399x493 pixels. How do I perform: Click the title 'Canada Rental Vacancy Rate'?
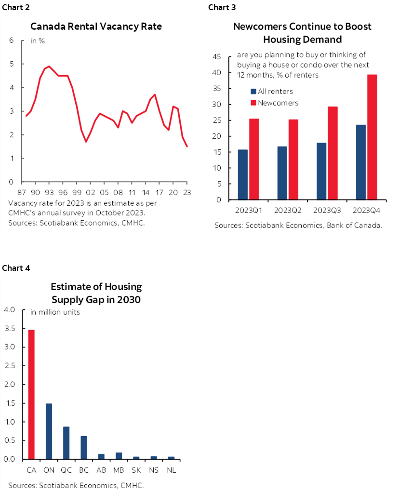click(x=96, y=27)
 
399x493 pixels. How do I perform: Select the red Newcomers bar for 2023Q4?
click(x=372, y=137)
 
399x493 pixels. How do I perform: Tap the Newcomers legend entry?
click(x=278, y=103)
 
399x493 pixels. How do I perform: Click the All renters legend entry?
click(x=275, y=91)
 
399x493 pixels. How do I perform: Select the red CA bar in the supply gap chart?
click(x=31, y=394)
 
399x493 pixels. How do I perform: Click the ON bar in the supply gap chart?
click(x=49, y=431)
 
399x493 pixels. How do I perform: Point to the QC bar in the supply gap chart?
click(x=66, y=442)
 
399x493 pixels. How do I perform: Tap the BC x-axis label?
click(x=84, y=469)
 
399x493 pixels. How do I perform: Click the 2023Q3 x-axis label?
click(x=326, y=211)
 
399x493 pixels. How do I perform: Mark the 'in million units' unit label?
click(x=55, y=312)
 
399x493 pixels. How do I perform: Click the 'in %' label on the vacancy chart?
click(x=38, y=41)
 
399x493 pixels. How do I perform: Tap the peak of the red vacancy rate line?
click(x=49, y=67)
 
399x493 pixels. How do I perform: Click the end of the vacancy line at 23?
click(x=187, y=147)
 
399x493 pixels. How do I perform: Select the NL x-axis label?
click(x=171, y=469)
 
